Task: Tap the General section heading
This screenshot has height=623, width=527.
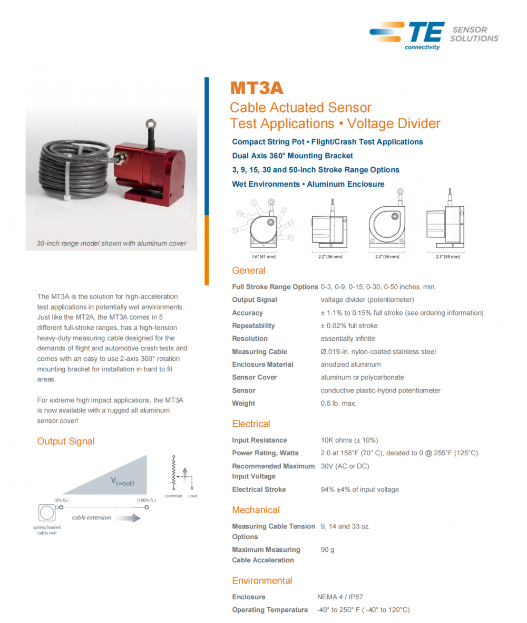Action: coord(249,271)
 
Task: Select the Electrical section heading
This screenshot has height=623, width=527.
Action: coord(251,424)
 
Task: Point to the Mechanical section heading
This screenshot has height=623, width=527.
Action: coord(256,510)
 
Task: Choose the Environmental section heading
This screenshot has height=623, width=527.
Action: coord(262,581)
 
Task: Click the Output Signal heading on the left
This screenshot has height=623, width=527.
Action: coord(66,441)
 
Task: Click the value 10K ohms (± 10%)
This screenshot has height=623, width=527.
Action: coord(349,440)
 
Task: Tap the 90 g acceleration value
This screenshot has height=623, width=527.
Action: coord(327,550)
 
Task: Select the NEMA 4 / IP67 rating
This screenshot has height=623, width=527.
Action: coord(340,597)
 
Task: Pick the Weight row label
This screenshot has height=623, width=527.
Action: coord(243,404)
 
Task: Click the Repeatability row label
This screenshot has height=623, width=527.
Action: coord(253,326)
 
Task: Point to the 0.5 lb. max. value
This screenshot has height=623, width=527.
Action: coord(338,404)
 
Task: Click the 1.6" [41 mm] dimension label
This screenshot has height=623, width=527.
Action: coord(263,257)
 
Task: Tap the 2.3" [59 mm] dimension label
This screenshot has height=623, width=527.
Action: coord(448,257)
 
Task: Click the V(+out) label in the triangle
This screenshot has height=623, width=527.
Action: coord(122,481)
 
